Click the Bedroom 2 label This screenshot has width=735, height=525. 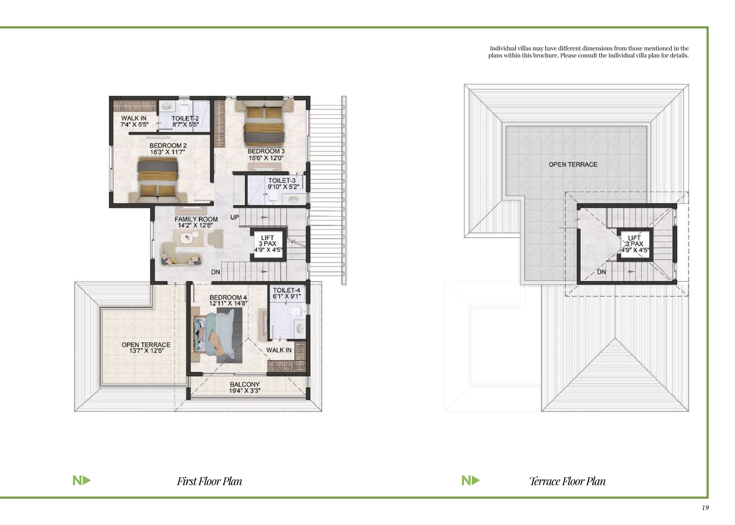click(x=168, y=145)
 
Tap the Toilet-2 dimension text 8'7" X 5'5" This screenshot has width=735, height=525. click(x=186, y=124)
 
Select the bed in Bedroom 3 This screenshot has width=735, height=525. click(x=264, y=123)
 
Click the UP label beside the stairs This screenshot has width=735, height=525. click(x=235, y=217)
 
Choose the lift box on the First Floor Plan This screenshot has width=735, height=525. click(x=268, y=244)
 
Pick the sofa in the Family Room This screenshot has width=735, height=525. click(x=181, y=254)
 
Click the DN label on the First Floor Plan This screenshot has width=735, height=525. click(x=216, y=272)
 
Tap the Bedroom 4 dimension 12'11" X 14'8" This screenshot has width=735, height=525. click(x=228, y=303)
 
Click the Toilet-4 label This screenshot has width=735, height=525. click(x=286, y=290)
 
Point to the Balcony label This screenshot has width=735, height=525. click(x=245, y=384)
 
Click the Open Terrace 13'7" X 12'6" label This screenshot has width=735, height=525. click(x=146, y=348)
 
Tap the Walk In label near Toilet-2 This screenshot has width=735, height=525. click(x=134, y=118)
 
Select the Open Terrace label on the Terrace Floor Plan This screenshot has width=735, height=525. click(x=573, y=165)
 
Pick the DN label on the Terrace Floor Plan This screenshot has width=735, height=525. click(x=601, y=272)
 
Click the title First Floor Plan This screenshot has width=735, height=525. click(x=209, y=481)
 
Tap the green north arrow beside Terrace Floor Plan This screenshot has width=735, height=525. click(x=471, y=481)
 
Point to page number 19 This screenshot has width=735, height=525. click(x=705, y=508)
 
